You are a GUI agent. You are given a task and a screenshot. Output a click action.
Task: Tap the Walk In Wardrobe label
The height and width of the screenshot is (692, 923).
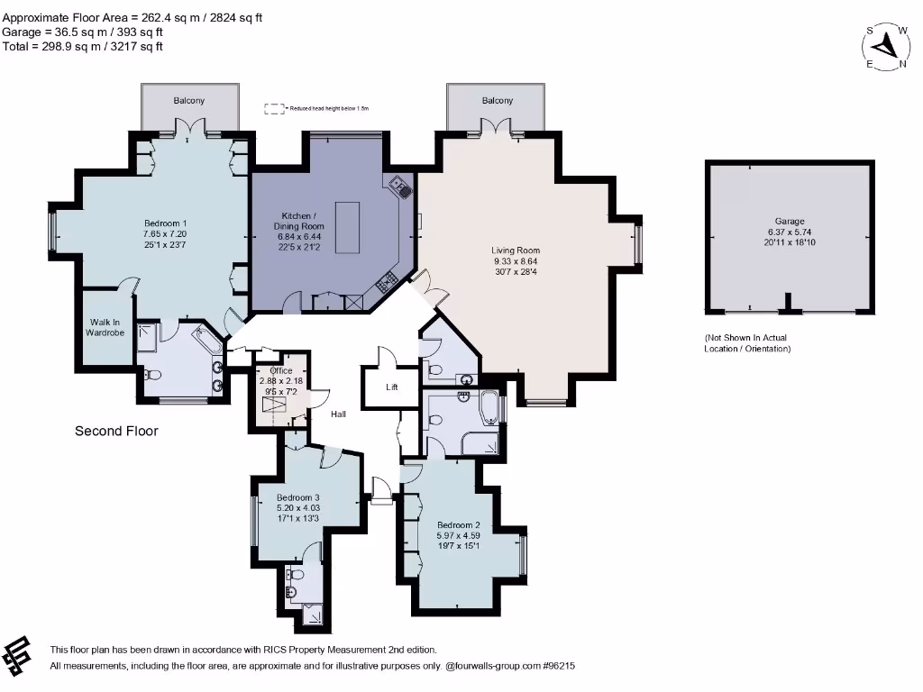pos(105,327)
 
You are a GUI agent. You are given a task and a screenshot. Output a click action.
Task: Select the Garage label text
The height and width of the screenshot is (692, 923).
pos(789,221)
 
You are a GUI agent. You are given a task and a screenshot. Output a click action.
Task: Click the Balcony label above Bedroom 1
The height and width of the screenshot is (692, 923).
pos(189,101)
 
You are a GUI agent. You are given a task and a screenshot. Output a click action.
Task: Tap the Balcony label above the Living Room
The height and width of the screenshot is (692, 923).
pos(497,101)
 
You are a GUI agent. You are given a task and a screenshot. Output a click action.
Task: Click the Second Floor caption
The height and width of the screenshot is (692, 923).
pos(116,431)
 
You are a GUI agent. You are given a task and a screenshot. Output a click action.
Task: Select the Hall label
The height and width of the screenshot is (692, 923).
pos(337,414)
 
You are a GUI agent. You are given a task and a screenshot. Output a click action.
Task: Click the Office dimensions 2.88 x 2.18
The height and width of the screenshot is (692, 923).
pos(280,381)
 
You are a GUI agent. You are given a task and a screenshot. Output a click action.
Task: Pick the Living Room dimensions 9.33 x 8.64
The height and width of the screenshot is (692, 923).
pos(515,261)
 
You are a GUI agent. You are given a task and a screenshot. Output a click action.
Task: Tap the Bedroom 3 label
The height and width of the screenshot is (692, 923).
pos(298,497)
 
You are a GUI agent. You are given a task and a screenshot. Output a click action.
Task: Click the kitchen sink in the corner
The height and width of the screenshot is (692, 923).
pos(400,187)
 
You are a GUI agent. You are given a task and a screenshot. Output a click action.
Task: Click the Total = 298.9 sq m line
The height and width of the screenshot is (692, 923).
pos(83,46)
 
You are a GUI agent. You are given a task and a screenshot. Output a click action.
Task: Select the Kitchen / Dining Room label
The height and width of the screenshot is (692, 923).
pos(298,221)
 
